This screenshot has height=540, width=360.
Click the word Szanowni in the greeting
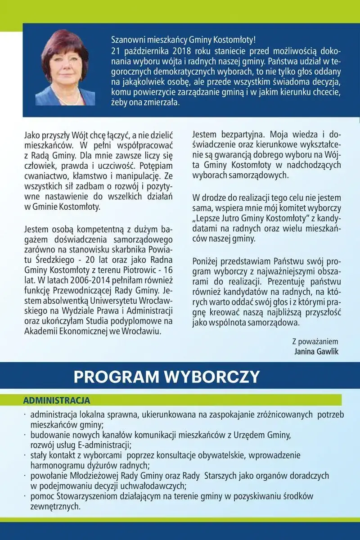pos(128,40)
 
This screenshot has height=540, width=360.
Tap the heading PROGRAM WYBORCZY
pos(166,377)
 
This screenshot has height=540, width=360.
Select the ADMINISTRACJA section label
pos(57,400)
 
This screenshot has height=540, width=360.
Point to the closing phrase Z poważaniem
pos(315,342)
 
